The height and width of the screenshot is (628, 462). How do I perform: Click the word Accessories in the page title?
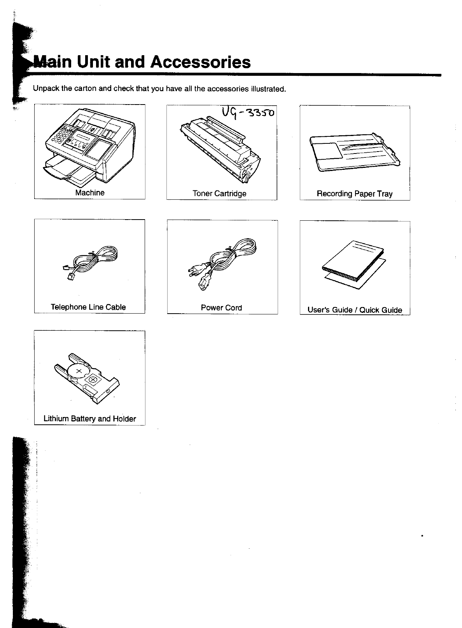(x=200, y=62)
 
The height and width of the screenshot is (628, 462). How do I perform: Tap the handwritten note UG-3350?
(x=248, y=113)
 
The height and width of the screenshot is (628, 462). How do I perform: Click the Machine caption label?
(x=90, y=193)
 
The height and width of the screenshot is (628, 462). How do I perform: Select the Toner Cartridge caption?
(x=219, y=194)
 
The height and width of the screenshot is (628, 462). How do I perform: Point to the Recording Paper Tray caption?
(x=355, y=194)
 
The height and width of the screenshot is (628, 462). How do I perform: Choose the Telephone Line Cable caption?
(x=88, y=307)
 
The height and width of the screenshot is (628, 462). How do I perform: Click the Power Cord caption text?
(x=221, y=308)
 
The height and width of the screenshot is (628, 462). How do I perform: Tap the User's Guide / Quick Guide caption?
(x=355, y=310)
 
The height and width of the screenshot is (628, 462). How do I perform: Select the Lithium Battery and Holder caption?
(x=90, y=419)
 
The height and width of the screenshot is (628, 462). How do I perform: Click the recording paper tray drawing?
(x=354, y=152)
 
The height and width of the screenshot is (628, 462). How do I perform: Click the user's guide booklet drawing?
(x=354, y=264)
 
